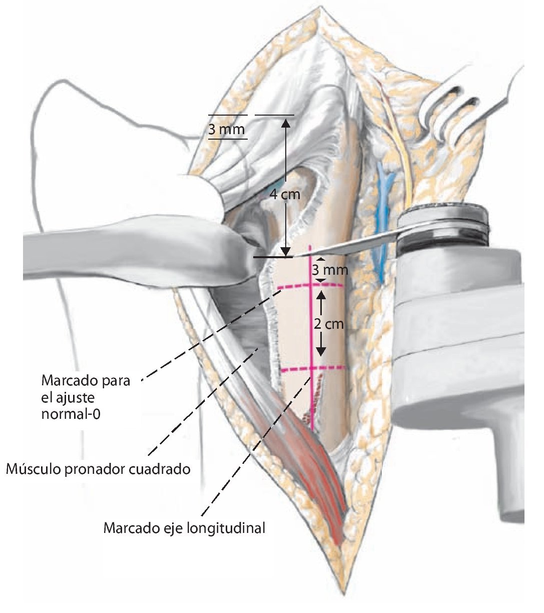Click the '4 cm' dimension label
285,194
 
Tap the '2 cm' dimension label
329,324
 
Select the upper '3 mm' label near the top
226,130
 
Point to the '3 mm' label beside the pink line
329,271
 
